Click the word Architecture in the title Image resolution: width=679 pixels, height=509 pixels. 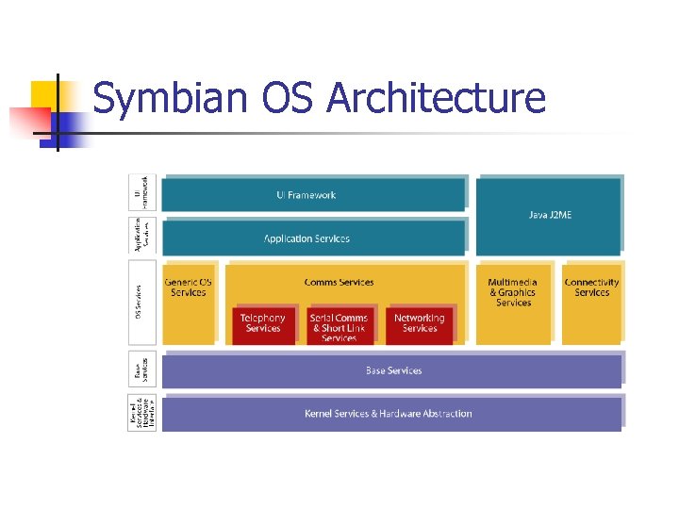437,98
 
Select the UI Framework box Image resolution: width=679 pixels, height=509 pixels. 313,194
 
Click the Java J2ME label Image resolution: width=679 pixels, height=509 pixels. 550,215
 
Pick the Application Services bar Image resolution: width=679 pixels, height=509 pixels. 313,238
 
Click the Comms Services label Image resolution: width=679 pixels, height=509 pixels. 339,282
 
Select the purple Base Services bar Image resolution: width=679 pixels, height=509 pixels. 392,370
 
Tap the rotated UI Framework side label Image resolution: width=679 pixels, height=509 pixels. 141,193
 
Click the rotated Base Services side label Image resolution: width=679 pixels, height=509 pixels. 141,369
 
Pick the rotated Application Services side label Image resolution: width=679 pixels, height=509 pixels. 141,237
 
